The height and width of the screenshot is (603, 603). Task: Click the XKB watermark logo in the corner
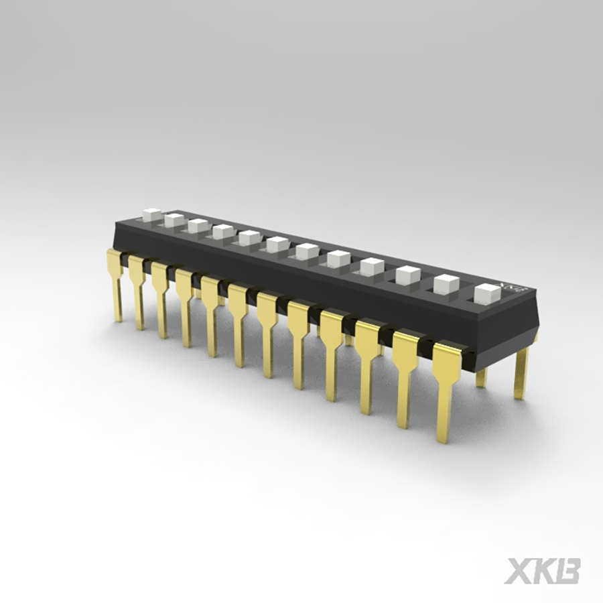[542, 570]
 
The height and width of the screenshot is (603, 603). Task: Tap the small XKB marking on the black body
[514, 286]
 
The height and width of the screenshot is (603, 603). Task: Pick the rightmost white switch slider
[487, 293]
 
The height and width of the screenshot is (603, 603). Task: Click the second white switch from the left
[174, 220]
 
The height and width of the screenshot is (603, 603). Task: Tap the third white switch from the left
[198, 226]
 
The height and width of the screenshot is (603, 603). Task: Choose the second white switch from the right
[446, 284]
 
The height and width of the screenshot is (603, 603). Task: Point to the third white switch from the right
[407, 275]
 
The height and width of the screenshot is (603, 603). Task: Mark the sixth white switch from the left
[277, 245]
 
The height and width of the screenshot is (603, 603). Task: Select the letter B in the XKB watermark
[568, 570]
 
